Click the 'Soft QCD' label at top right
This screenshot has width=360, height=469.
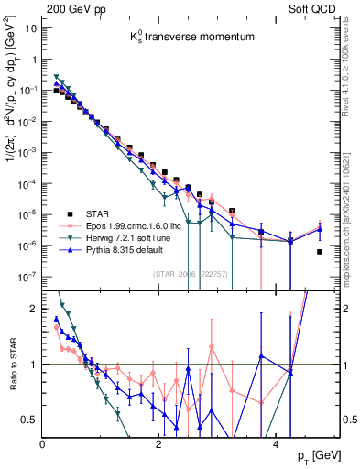326,7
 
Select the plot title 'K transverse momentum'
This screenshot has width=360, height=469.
180,39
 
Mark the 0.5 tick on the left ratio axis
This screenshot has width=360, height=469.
30,420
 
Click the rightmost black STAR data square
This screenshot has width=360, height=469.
320,252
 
